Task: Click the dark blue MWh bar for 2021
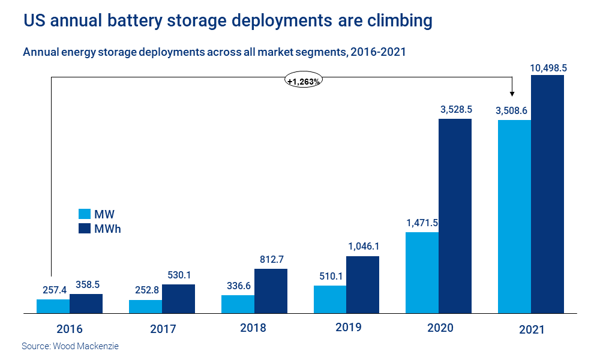tap(548, 194)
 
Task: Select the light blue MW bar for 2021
tap(515, 217)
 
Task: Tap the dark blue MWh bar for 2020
tap(455, 216)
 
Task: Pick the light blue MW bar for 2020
tap(422, 272)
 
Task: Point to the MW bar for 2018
tap(238, 304)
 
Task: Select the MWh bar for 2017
tap(178, 299)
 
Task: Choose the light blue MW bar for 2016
tap(53, 306)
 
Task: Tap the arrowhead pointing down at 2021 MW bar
tap(512, 94)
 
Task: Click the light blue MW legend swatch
tap(85, 214)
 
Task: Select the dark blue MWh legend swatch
tap(85, 229)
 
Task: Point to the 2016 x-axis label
tap(69, 329)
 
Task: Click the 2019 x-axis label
tap(349, 328)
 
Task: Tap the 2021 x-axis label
tap(532, 329)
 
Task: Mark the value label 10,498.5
tap(548, 68)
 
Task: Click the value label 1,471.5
tap(422, 223)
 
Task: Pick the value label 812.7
tap(271, 260)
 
